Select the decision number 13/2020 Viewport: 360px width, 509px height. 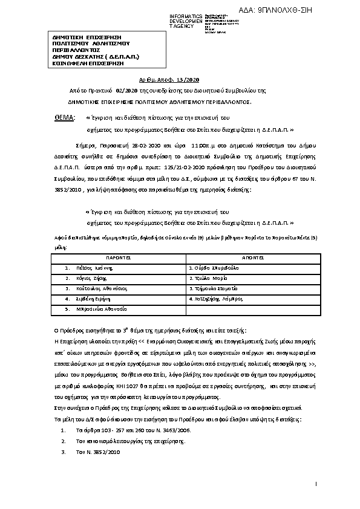click(188, 80)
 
